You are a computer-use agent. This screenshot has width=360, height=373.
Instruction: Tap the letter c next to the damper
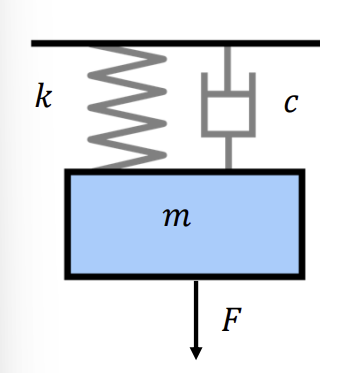(x=290, y=103)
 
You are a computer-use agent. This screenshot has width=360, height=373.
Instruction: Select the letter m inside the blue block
(x=177, y=217)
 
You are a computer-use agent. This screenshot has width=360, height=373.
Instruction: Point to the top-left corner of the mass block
(x=68, y=172)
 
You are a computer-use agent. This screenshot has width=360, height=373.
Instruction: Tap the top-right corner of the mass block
(x=300, y=172)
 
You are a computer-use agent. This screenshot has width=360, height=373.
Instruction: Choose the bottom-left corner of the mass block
(x=68, y=275)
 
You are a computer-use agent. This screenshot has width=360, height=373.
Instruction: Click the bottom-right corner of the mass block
(x=300, y=275)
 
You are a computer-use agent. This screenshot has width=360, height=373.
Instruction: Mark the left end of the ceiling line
(x=33, y=43)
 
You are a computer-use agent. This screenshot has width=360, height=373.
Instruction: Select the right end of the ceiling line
(x=319, y=43)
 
